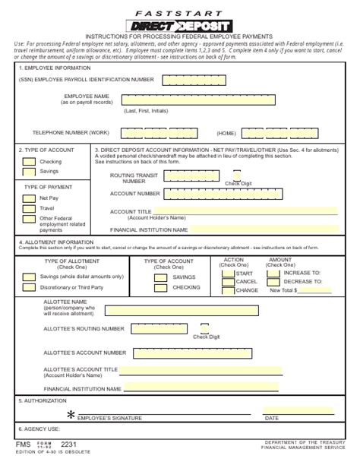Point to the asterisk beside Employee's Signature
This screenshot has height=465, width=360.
pos(72,415)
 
